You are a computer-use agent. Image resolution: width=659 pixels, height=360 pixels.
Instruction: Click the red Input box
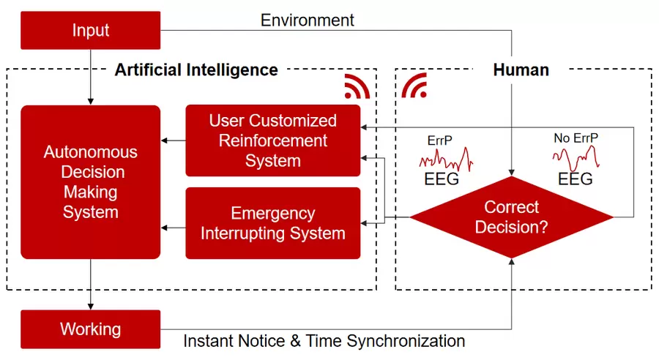coord(90,31)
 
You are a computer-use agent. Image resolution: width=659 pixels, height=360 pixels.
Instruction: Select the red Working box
coord(90,329)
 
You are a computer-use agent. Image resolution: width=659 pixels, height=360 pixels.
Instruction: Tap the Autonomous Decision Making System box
coord(90,182)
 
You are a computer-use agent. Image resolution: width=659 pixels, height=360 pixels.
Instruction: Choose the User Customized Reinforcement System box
coord(272,140)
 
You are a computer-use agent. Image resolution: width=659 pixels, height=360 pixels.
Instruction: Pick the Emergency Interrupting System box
coord(272,223)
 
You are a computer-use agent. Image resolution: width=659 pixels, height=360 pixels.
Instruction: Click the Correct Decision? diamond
coord(511,217)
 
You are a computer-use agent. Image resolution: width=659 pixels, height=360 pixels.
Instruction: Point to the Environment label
coord(308,20)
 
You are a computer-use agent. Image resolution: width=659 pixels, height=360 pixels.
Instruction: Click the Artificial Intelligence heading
coord(196,70)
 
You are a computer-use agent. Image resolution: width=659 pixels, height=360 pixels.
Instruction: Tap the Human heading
coord(521,70)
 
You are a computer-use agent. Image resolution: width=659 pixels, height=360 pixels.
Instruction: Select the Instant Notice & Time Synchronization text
coord(324,341)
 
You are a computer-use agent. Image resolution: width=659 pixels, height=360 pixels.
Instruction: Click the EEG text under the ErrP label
coord(442,179)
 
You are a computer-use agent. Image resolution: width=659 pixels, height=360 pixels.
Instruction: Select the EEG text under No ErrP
coord(576,179)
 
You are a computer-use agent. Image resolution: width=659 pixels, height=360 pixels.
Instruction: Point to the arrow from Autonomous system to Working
coord(90,285)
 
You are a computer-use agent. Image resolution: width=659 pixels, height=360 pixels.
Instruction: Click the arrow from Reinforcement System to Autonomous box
coord(173,140)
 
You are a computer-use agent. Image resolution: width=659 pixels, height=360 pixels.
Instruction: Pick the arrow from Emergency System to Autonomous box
coord(173,228)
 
